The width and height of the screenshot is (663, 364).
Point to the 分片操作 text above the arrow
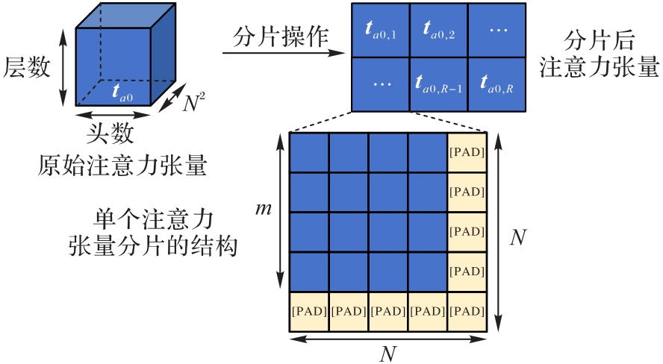pos(281,37)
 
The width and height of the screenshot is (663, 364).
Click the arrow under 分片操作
pos(284,54)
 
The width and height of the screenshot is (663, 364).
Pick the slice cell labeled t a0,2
pos(439,29)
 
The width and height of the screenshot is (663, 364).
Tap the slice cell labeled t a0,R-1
pos(439,83)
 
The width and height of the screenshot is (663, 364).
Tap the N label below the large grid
pos(387,354)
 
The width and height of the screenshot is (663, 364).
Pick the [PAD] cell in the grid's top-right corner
pos(467,153)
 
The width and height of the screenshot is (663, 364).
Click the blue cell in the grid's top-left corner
pos(308,153)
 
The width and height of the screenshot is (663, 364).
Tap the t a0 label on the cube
pos(122,92)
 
